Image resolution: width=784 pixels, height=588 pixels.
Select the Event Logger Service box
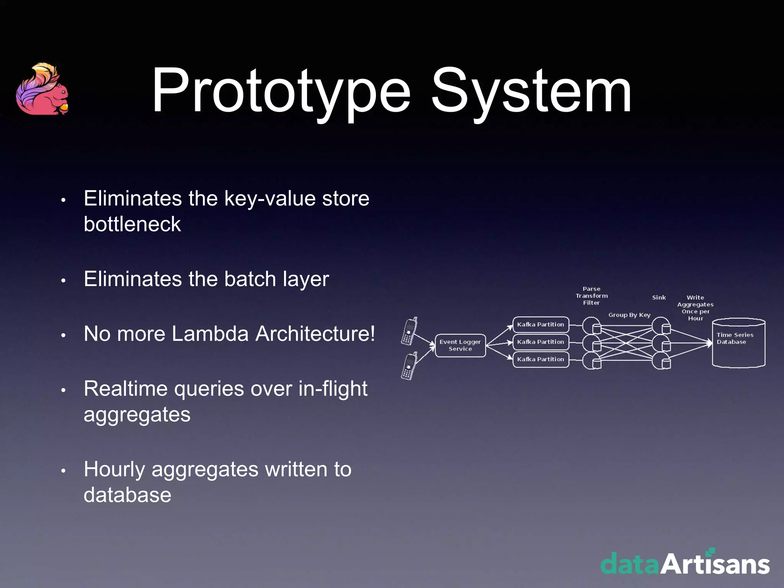coord(460,345)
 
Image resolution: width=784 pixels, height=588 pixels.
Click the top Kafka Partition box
coord(541,324)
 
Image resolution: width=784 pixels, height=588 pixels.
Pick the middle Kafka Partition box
coord(541,342)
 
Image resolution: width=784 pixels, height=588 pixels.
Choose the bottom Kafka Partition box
coord(541,359)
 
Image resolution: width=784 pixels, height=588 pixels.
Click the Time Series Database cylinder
coord(738,343)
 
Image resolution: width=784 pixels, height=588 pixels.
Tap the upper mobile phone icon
coord(409,331)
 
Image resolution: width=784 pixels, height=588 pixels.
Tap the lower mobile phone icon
coord(409,366)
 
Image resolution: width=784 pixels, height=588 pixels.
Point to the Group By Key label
coord(629,315)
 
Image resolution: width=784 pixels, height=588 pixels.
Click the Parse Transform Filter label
coord(591,296)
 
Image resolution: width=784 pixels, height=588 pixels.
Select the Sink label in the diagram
coord(659,297)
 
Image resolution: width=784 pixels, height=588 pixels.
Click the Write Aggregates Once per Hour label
coord(695,308)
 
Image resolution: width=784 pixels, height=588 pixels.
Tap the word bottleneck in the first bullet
coord(132,224)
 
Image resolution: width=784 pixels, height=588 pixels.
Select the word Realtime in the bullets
coord(126,389)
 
